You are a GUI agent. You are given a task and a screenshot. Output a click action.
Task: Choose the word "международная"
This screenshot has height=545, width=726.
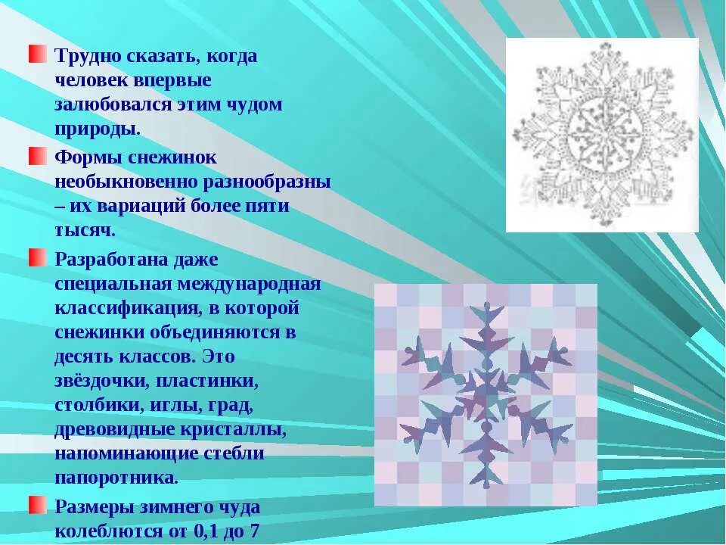[249, 284]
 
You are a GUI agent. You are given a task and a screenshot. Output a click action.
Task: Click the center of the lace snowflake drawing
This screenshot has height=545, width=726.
[602, 135]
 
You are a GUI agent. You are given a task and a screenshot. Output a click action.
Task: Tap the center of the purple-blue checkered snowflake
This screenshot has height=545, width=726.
[486, 394]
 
